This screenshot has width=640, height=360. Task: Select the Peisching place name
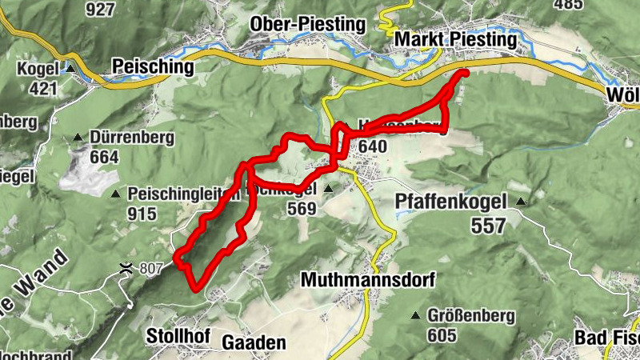click(154, 66)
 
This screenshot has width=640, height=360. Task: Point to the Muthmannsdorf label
click(367, 280)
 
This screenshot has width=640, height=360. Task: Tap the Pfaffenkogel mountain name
click(453, 203)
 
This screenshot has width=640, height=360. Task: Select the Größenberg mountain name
click(470, 315)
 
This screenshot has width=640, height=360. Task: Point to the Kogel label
click(38, 69)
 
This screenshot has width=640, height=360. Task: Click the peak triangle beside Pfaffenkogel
click(522, 202)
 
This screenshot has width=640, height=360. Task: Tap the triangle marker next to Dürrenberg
click(78, 137)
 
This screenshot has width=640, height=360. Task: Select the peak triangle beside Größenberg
click(415, 316)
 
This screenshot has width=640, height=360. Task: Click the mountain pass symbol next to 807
click(126, 268)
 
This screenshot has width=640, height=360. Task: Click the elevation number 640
click(374, 146)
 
